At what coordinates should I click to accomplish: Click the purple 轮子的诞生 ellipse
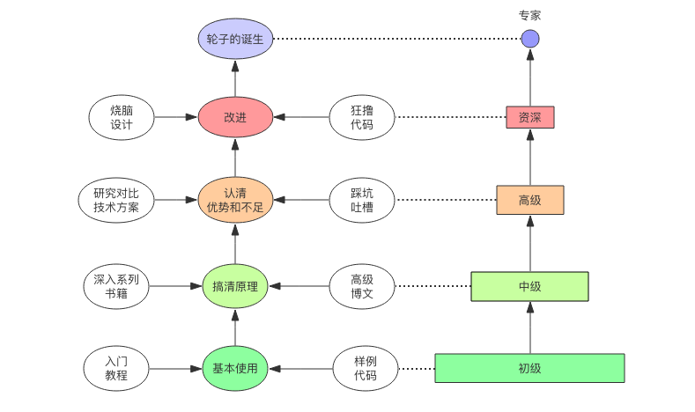click(x=235, y=39)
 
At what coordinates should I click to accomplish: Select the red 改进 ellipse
click(x=235, y=117)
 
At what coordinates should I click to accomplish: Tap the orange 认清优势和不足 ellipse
click(x=235, y=200)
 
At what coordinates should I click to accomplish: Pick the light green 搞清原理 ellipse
click(x=235, y=285)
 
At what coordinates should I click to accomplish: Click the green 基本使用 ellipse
click(x=235, y=368)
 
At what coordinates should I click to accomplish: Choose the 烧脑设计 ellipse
click(x=122, y=117)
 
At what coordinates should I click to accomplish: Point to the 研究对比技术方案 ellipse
click(x=122, y=200)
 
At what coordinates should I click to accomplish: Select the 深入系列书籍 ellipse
click(x=122, y=285)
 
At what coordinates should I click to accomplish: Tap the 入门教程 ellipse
click(x=122, y=368)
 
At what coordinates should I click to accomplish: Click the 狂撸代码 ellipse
click(x=362, y=117)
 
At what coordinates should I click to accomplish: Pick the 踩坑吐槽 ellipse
click(x=362, y=200)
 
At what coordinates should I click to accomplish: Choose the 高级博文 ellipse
click(x=362, y=285)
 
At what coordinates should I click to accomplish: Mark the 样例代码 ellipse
click(x=366, y=368)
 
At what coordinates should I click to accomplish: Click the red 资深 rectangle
click(x=530, y=117)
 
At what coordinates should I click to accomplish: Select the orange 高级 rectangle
click(x=529, y=200)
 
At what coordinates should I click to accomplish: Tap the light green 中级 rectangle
click(x=529, y=286)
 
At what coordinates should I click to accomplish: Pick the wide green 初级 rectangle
click(x=529, y=368)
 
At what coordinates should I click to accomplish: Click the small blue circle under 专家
click(x=529, y=39)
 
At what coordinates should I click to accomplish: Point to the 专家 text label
click(x=529, y=15)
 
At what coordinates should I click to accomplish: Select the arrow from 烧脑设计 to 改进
click(x=175, y=117)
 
